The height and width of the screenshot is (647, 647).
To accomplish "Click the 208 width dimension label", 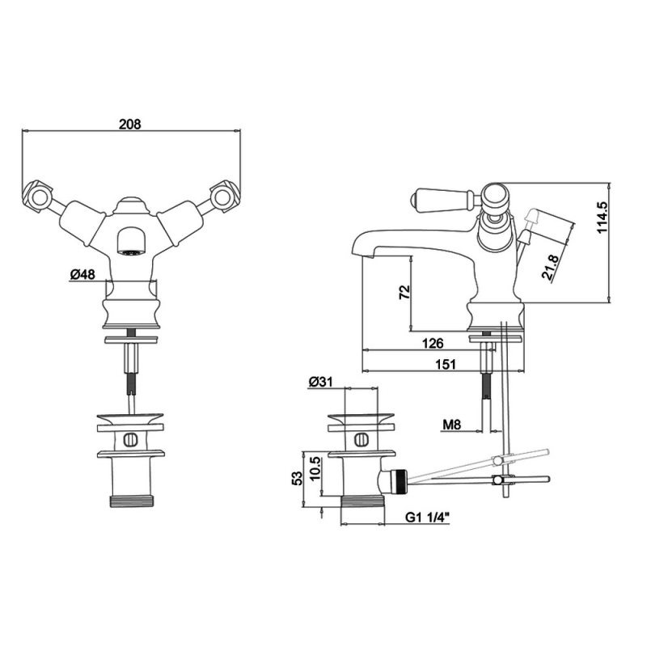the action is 130,124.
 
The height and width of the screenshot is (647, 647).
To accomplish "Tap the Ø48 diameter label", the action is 82,274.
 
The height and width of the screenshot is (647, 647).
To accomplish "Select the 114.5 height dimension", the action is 603,218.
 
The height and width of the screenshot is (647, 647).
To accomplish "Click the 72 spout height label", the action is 405,292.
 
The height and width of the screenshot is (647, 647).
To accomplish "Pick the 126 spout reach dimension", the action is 433,343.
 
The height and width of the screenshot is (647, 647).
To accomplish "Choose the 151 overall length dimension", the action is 446,365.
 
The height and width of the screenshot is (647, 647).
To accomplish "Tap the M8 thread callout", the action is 452,424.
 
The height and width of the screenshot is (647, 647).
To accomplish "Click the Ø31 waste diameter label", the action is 320,382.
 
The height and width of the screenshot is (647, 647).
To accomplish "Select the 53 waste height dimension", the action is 297,478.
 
